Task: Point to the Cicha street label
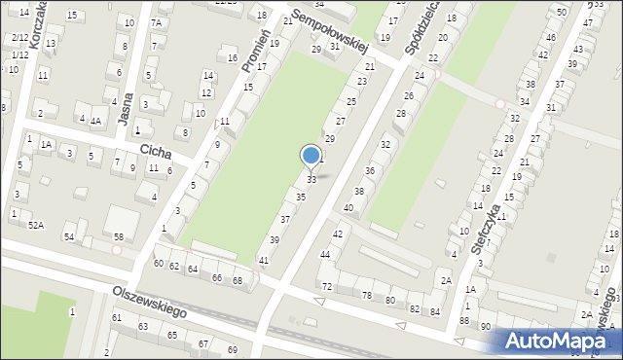click(156, 152)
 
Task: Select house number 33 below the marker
click(311, 180)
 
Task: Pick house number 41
click(263, 260)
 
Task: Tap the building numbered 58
click(118, 237)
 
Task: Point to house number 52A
click(35, 225)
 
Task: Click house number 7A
click(156, 22)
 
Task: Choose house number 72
click(327, 286)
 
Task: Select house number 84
click(435, 311)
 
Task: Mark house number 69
click(232, 349)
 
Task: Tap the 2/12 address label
click(19, 38)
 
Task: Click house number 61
click(117, 317)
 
